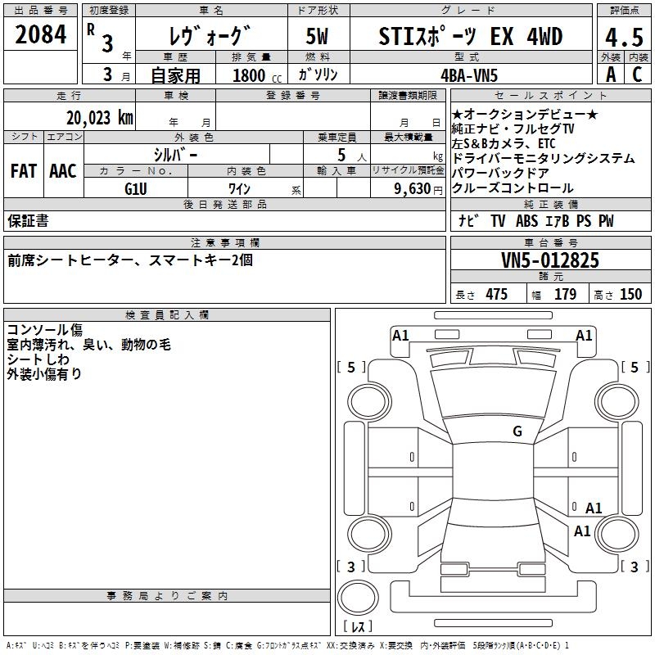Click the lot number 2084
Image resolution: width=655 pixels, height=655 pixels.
(41, 36)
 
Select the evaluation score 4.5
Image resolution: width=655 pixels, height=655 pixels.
(623, 38)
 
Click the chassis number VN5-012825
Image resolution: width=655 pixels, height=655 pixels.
(550, 261)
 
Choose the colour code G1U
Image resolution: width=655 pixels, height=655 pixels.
(135, 187)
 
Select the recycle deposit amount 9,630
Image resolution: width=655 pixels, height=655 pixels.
(407, 188)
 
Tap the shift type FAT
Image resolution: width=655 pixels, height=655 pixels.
(24, 171)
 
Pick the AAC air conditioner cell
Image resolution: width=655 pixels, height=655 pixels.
(63, 171)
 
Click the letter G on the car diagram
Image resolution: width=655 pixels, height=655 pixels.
(517, 431)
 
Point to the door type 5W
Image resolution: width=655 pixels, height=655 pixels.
(317, 38)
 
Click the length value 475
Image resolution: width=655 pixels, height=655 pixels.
(496, 295)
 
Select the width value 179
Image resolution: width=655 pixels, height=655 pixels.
(565, 295)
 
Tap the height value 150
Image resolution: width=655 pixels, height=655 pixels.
(630, 295)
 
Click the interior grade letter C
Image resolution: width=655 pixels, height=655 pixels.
(636, 75)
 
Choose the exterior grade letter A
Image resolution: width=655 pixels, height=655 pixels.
(610, 75)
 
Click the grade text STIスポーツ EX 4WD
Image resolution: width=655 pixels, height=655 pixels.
(471, 38)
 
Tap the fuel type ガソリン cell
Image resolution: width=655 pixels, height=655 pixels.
(318, 75)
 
